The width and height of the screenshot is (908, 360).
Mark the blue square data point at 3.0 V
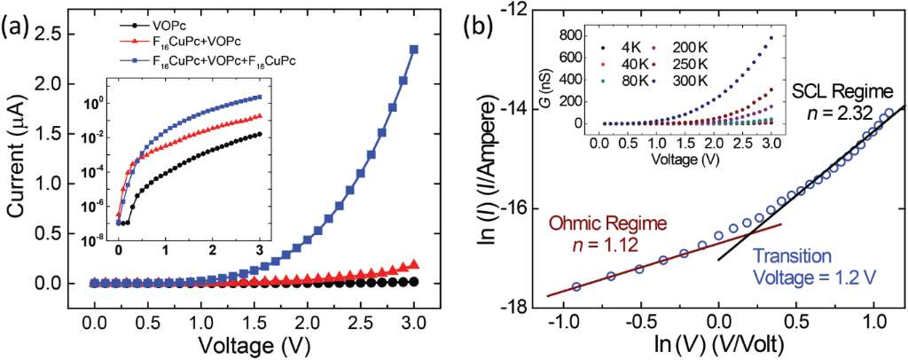(x=413, y=50)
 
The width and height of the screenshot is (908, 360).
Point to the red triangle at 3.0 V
(x=413, y=264)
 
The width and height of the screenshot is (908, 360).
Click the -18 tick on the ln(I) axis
(x=516, y=308)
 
